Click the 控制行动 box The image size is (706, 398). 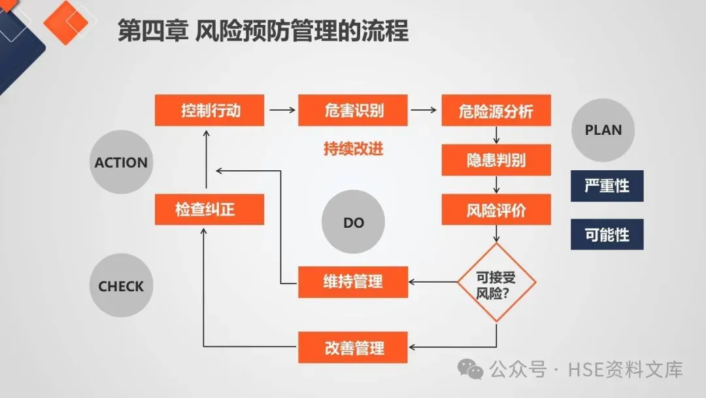point(210,110)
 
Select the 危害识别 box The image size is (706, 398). point(353,110)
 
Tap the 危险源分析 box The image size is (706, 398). point(496,110)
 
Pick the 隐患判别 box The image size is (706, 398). point(496,160)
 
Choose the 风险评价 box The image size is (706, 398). point(496,209)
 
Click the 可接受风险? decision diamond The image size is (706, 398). point(497,283)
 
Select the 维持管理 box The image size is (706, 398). point(353,282)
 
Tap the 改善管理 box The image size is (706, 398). point(353,348)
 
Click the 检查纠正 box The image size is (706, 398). point(210,209)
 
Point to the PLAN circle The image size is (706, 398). point(603,130)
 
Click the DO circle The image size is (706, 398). point(353,223)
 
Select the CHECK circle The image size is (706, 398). point(121,286)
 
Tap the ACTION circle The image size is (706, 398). point(121,162)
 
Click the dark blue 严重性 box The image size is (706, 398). point(607,186)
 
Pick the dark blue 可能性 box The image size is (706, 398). point(607,234)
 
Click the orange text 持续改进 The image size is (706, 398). point(353,149)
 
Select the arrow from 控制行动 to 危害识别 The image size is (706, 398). point(282,110)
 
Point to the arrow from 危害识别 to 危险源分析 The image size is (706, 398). point(425,110)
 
